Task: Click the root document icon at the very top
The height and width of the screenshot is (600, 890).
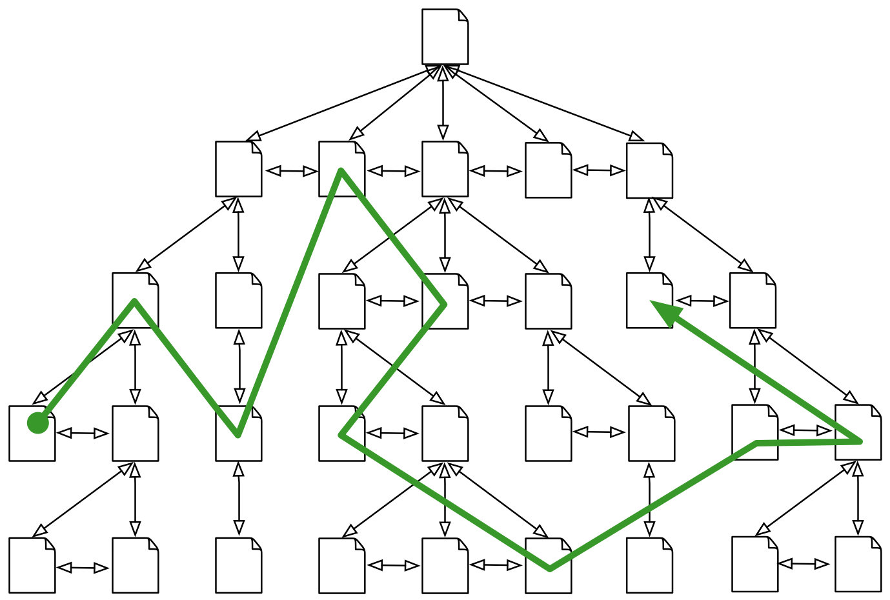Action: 445,37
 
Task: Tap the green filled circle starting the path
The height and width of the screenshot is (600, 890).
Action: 38,423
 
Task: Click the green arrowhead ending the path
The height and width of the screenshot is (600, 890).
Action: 665,312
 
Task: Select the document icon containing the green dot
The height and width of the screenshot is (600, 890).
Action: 32,434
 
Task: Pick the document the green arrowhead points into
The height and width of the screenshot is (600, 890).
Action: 649,300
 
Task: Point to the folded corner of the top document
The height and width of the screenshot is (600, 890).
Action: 463,15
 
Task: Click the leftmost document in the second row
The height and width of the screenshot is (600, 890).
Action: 238,169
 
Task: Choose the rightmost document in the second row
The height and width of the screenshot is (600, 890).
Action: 649,171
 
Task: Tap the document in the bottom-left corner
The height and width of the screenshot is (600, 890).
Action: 32,565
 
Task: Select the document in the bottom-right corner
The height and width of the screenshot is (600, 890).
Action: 858,564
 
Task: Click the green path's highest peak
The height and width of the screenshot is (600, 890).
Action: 341,171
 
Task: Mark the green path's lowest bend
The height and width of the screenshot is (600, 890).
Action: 549,568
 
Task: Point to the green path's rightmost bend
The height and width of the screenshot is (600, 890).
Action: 860,441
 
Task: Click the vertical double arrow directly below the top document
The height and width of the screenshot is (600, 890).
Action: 443,103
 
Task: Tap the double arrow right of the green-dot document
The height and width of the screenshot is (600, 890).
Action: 83,433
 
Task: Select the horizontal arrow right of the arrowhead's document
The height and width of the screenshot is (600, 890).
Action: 702,301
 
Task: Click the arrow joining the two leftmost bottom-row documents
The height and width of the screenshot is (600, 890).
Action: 83,568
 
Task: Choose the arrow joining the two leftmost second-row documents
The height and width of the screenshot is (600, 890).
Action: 291,171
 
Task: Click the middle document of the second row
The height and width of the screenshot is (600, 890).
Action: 445,169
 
